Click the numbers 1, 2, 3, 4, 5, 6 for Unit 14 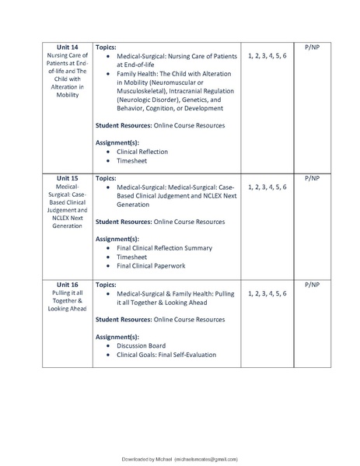(267, 57)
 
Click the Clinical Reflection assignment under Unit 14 (142, 152)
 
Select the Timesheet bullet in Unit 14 (131, 162)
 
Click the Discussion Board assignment (141, 345)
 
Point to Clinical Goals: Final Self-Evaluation (166, 356)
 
